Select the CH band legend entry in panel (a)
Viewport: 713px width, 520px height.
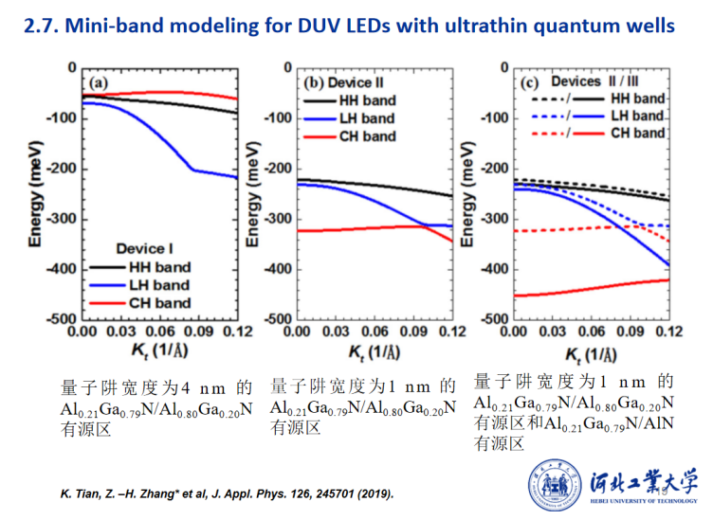tap(152, 303)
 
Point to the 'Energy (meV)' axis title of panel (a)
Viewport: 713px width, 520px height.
tap(36, 194)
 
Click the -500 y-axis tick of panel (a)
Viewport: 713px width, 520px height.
tap(64, 319)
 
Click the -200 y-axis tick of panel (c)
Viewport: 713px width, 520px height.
tap(493, 169)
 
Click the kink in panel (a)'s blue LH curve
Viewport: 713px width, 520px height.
tap(192, 170)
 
